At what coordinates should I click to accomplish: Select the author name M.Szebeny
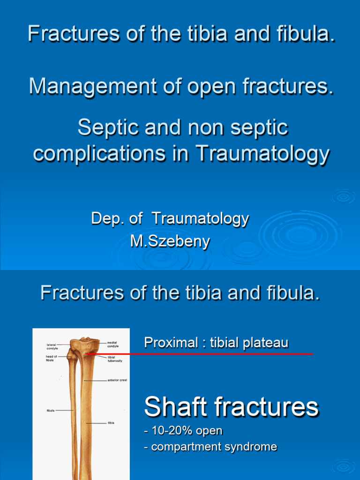coord(170,242)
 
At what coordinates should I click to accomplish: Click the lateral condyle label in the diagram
coord(52,347)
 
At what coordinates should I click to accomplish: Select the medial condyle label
coord(112,345)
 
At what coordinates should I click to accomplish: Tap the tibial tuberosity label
coord(114,359)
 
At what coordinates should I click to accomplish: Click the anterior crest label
coord(117,380)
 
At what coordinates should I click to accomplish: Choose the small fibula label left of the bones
coord(50,411)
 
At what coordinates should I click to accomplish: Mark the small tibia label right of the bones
coord(111,423)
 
